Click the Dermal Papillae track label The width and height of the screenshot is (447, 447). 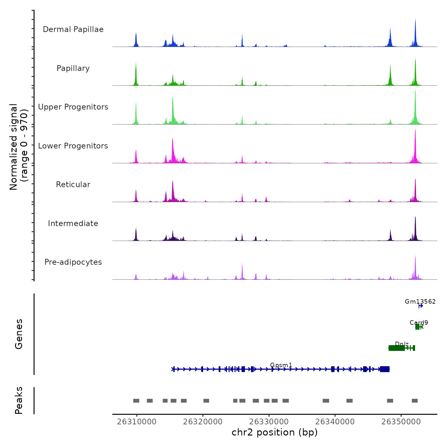click(x=73, y=29)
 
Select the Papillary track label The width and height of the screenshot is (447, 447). click(x=73, y=68)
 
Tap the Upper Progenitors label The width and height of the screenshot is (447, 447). click(x=73, y=107)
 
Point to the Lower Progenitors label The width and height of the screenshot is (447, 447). click(x=73, y=146)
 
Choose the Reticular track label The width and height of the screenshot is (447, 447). click(x=73, y=185)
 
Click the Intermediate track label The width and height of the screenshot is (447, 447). click(x=73, y=223)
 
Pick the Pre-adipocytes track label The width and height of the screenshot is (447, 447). click(x=73, y=262)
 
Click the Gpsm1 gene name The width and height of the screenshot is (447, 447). click(x=281, y=365)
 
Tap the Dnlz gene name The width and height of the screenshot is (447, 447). click(x=402, y=344)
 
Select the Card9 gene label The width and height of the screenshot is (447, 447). click(x=419, y=322)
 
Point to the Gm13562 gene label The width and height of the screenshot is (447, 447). click(x=420, y=301)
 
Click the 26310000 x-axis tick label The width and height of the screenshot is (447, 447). click(x=137, y=422)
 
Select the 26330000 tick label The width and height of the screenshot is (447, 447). click(x=269, y=422)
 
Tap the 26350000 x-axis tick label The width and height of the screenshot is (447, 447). click(x=401, y=422)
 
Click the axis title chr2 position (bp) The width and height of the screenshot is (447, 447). click(x=275, y=432)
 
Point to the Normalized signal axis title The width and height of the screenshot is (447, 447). click(x=19, y=147)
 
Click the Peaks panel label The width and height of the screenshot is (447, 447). click(x=19, y=400)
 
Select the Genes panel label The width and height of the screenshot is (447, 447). click(x=19, y=334)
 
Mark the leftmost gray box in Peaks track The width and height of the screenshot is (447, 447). click(x=136, y=401)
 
